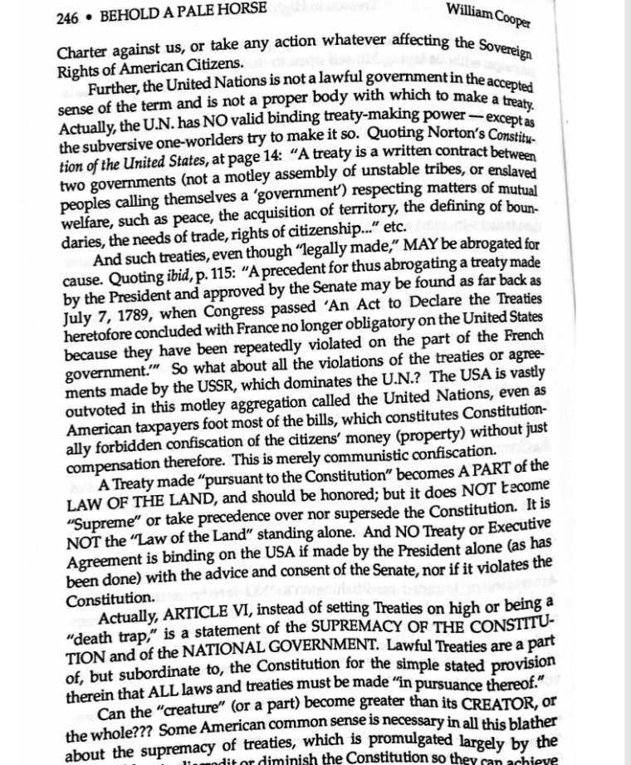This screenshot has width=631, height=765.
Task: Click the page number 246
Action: click(68, 16)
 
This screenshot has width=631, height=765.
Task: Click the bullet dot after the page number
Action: click(90, 16)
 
